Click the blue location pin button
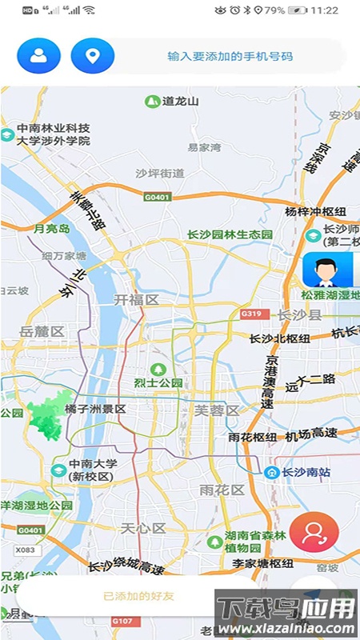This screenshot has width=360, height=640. [x=93, y=56]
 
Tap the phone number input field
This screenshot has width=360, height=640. [x=230, y=57]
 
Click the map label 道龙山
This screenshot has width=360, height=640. [x=180, y=102]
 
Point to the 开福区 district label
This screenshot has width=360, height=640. [x=137, y=299]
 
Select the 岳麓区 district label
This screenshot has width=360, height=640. [x=42, y=331]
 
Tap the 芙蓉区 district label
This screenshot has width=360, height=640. [x=217, y=410]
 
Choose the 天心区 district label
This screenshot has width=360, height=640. [x=142, y=528]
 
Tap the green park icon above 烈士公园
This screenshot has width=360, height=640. [x=158, y=369]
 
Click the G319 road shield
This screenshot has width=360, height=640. [x=251, y=314]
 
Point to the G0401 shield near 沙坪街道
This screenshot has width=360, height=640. [x=158, y=197]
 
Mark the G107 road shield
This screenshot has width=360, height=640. [x=122, y=621]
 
